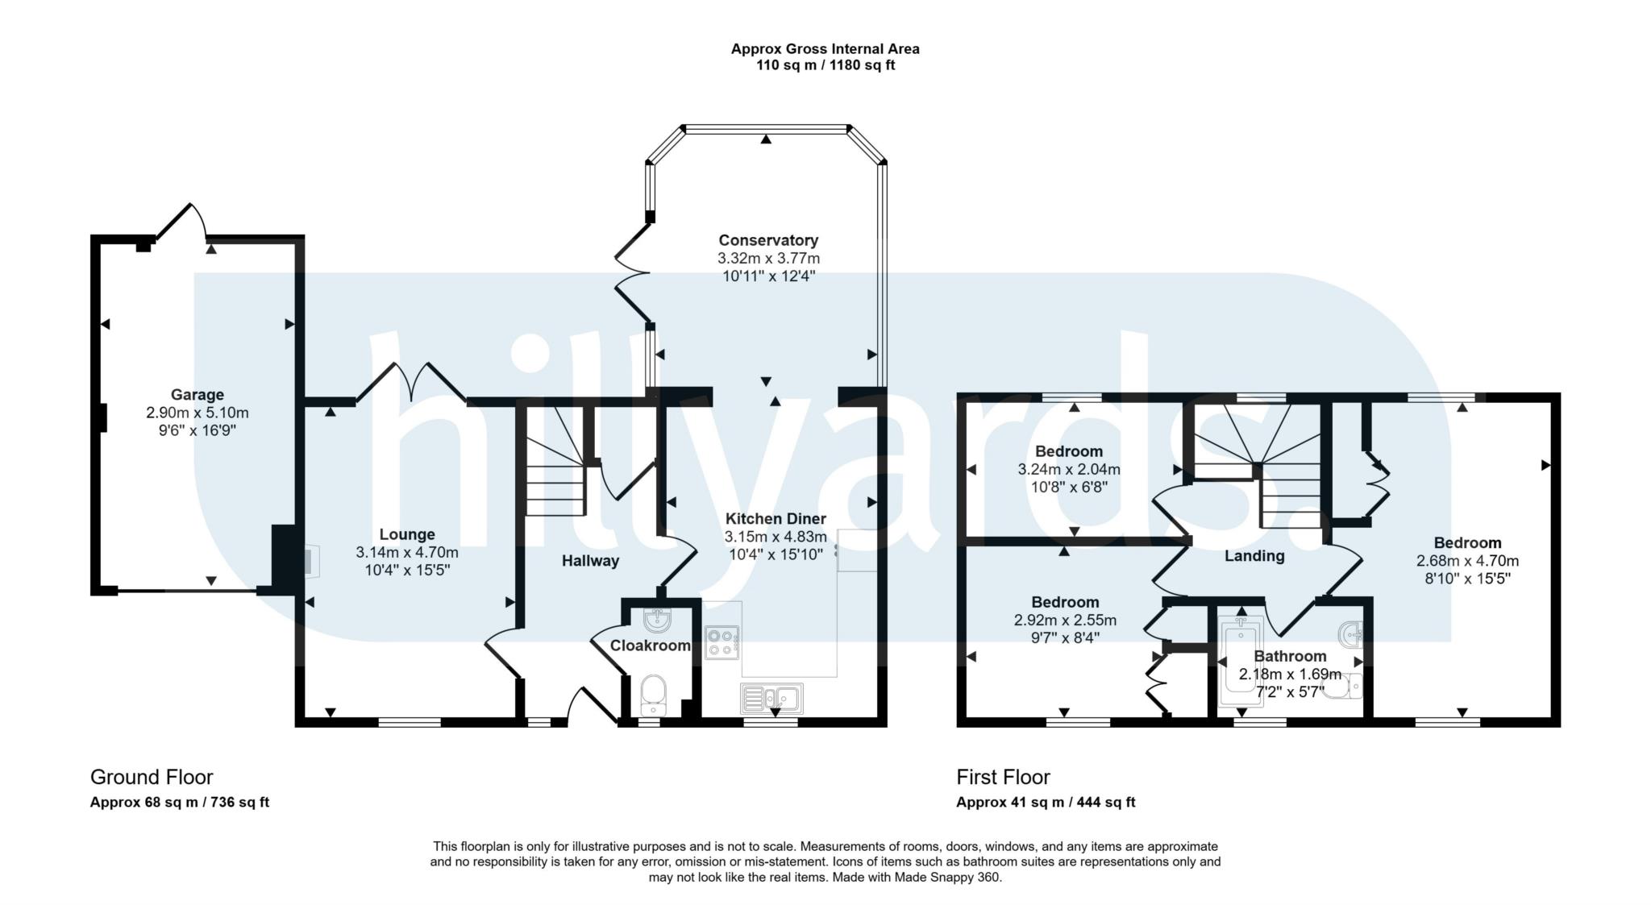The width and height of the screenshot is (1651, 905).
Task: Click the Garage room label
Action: pos(197,395)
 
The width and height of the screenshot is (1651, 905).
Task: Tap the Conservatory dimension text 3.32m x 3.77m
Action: pos(768,259)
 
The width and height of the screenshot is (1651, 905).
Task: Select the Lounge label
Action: pos(407,534)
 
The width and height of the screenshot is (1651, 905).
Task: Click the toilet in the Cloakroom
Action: pos(652,695)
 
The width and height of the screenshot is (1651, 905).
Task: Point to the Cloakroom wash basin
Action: pos(658,620)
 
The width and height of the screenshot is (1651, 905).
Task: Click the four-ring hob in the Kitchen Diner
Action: pos(722,642)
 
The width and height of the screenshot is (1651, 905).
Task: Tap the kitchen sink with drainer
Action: pos(771,698)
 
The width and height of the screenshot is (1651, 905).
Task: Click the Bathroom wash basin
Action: pos(1351,635)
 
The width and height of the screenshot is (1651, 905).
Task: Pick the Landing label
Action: pos(1254,556)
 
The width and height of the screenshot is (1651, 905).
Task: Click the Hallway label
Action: pos(590,561)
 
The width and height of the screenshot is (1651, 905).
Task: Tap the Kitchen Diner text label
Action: pos(776,519)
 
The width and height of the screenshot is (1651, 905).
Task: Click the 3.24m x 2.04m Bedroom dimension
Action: pos(1069,469)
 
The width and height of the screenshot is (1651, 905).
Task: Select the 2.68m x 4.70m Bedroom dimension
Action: pos(1467,561)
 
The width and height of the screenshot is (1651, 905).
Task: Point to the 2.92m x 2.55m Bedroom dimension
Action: pos(1065,621)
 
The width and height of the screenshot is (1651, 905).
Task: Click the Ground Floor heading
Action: pos(152,777)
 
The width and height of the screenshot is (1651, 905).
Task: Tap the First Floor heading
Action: pos(1003,777)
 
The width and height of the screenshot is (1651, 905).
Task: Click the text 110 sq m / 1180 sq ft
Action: pos(825,65)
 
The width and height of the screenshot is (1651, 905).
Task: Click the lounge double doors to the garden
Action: pos(411,382)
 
